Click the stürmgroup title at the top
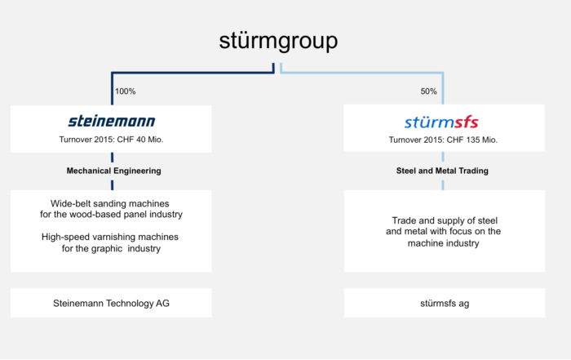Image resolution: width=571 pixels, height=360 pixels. [278, 41]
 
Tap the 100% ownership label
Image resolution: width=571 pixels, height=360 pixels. [126, 91]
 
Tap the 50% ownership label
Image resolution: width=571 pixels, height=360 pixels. [428, 91]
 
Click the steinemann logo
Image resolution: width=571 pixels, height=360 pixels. [112, 122]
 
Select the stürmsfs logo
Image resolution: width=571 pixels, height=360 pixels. [441, 122]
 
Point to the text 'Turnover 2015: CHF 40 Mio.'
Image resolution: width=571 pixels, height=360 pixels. [111, 140]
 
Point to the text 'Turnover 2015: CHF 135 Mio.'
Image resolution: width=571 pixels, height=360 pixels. [443, 140]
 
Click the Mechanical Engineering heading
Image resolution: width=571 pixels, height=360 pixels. [113, 171]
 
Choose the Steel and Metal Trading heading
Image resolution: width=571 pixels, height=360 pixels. [442, 171]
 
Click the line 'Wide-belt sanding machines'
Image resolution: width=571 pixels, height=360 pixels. [109, 203]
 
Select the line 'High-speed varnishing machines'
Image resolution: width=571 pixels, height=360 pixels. [110, 237]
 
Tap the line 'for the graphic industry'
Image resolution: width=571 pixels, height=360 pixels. [111, 248]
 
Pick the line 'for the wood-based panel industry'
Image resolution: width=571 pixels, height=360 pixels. [111, 214]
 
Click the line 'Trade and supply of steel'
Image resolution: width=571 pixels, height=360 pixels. [445, 220]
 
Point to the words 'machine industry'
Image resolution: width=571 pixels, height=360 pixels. [443, 243]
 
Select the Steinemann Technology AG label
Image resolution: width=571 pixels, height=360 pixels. [111, 303]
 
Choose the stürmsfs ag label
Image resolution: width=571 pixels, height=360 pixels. [445, 303]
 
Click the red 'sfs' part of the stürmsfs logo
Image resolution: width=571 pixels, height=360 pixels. [466, 122]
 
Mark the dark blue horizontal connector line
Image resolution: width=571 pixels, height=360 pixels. [193, 73]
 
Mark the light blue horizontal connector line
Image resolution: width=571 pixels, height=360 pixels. [362, 73]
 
